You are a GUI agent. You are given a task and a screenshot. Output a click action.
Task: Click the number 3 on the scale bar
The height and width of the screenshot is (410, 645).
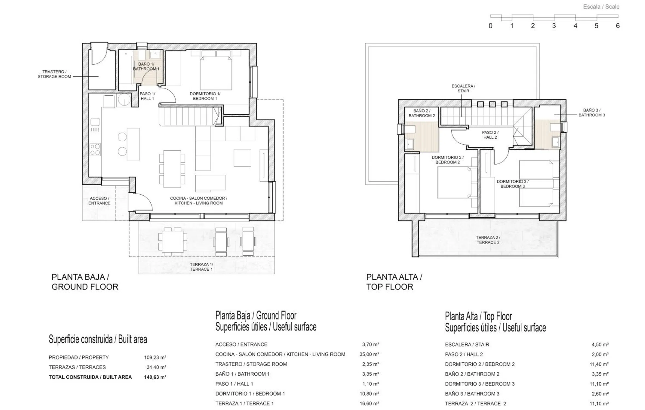tap(554, 26)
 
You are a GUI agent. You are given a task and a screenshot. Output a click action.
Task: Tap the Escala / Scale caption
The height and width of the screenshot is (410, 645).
tap(601, 7)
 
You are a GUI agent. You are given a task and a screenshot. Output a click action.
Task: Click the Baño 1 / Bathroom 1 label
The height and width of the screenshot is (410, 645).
tap(146, 66)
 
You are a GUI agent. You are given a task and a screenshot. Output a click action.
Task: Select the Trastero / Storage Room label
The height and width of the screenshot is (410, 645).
tap(54, 74)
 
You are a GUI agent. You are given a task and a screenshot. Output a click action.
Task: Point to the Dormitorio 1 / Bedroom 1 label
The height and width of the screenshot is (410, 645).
tap(205, 96)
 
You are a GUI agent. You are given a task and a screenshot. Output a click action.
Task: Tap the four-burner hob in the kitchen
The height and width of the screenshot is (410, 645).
tap(95, 149)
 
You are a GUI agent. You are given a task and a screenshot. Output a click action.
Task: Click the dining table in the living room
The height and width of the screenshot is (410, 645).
tap(172, 169)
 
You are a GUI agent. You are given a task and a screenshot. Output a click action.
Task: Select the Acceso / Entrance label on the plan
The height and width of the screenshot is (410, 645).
tap(99, 201)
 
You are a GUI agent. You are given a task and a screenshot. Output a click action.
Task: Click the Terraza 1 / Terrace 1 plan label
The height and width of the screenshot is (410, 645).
tap(201, 267)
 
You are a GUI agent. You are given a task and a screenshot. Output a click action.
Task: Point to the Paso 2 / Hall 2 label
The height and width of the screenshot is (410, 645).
tap(490, 135)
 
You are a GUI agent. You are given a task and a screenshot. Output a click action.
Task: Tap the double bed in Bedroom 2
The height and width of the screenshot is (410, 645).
tap(455, 183)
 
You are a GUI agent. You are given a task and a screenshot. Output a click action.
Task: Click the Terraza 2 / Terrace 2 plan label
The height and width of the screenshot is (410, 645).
tap(488, 240)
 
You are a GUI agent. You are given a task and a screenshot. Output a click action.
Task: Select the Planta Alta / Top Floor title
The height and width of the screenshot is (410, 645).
tap(394, 282)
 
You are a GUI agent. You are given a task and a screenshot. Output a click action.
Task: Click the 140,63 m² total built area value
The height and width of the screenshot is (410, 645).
tap(155, 377)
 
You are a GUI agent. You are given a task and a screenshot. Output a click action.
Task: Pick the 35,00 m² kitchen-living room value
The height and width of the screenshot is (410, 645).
tap(369, 354)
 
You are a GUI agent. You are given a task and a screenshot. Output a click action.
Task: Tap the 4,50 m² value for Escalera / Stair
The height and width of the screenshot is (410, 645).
tap(600, 345)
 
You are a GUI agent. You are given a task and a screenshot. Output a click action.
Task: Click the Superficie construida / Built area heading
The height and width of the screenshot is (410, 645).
tap(98, 339)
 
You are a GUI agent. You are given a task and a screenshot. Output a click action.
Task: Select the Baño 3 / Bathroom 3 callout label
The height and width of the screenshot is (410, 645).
tap(592, 113)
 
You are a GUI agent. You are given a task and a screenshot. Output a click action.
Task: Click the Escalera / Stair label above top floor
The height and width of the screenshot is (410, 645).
tap(463, 88)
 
